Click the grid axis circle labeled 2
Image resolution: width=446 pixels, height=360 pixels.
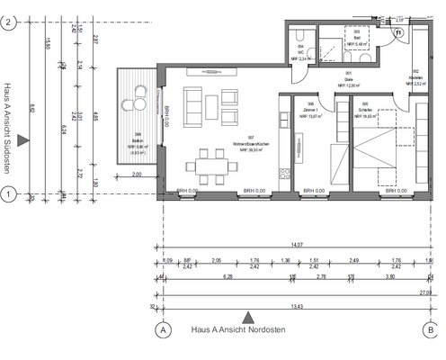click(x=8, y=25)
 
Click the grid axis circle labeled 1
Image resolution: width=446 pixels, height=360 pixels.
click(x=8, y=193)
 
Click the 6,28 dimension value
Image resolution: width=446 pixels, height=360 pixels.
click(x=227, y=278)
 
